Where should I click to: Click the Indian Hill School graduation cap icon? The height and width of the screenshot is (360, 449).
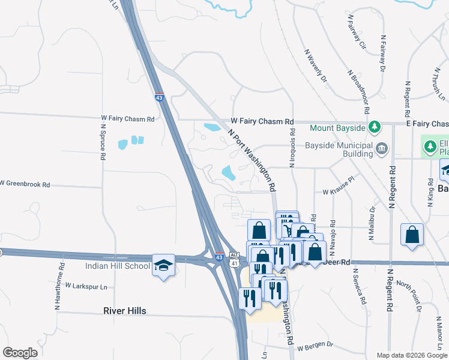point(163,265)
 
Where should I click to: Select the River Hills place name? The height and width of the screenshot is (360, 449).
point(124,311)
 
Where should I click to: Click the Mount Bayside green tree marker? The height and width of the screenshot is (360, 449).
point(375,128)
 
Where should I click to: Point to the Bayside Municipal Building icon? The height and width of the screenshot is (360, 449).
point(382,148)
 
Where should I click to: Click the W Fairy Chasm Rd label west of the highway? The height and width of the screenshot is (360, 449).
point(128,119)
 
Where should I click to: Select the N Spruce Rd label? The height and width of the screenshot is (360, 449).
point(103,142)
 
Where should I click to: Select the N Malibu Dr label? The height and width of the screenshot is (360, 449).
point(372,224)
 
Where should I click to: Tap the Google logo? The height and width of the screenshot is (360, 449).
point(20,353)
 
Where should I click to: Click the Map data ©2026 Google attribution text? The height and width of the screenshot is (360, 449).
point(411,355)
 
